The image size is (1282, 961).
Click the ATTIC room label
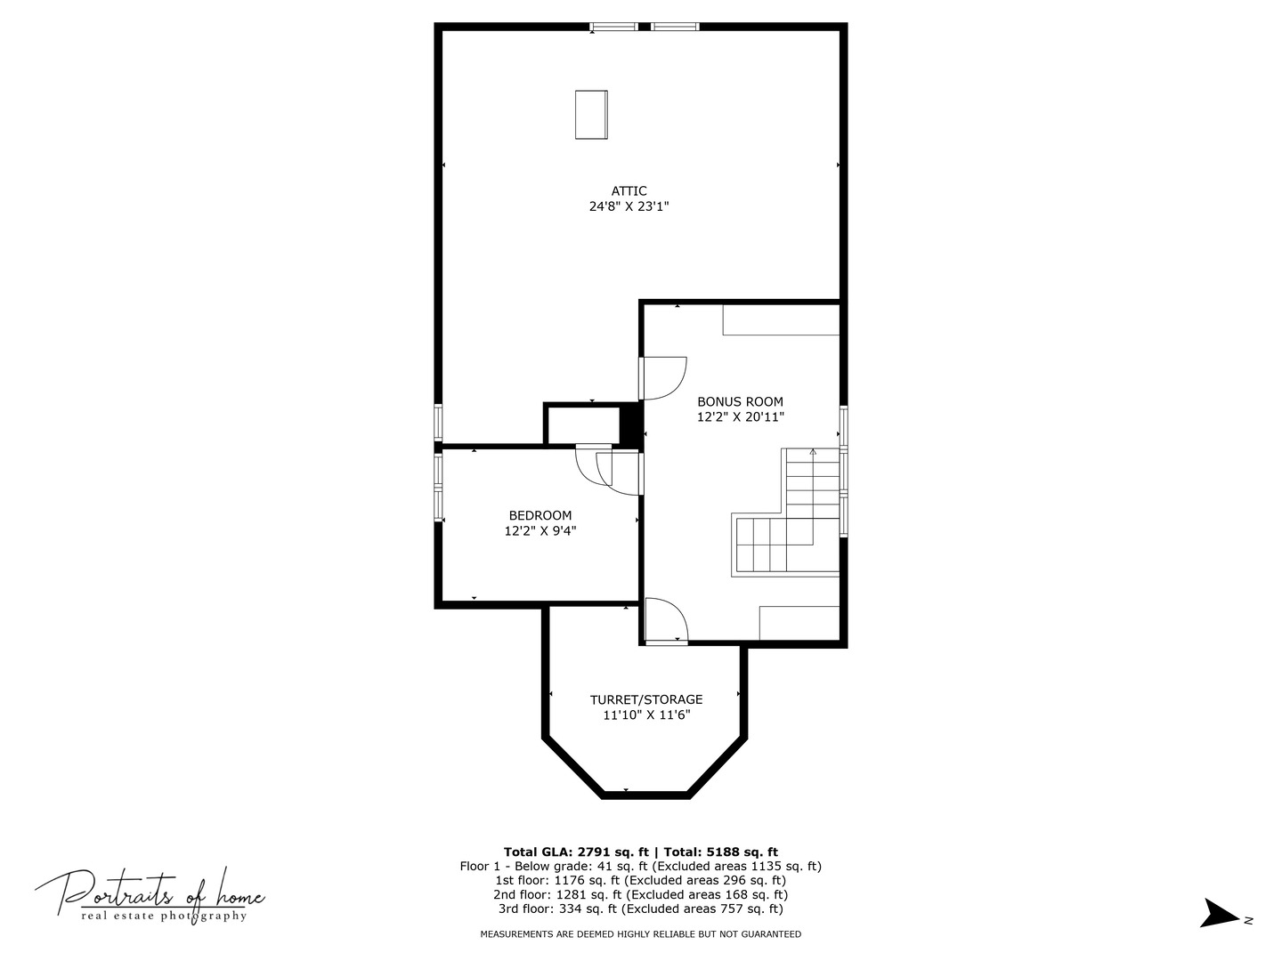click(x=629, y=191)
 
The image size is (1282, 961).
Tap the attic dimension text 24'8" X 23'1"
click(x=629, y=206)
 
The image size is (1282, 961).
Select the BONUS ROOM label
click(x=740, y=402)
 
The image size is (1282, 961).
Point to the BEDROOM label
click(x=540, y=516)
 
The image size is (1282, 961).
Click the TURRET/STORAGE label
click(x=646, y=700)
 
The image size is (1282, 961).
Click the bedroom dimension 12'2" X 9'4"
click(x=540, y=531)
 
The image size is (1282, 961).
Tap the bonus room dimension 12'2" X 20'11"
click(x=740, y=417)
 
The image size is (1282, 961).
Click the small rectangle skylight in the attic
click(x=591, y=115)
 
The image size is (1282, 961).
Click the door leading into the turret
click(x=666, y=620)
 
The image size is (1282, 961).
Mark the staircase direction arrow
click(x=812, y=453)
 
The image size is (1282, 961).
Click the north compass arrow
click(x=1219, y=914)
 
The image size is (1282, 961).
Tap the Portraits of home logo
click(x=150, y=894)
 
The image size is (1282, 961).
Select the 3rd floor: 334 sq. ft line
click(x=640, y=909)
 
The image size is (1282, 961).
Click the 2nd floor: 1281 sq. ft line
click(x=640, y=895)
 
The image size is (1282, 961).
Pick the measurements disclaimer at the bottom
click(x=640, y=934)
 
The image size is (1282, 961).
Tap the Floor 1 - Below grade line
click(x=640, y=867)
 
